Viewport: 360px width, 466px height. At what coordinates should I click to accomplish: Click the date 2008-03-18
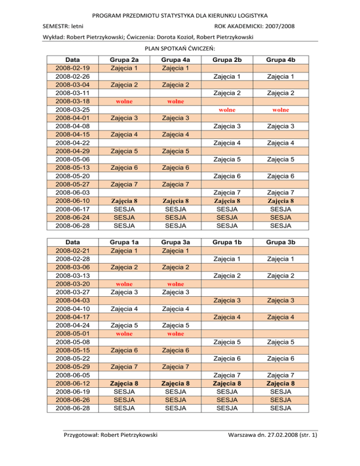72,101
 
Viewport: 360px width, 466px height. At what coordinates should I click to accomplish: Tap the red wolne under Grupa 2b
226,110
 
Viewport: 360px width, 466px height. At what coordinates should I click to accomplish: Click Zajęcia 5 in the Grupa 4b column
280,159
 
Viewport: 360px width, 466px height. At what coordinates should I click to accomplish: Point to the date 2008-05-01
72,334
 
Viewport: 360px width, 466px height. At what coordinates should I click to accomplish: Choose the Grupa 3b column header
280,243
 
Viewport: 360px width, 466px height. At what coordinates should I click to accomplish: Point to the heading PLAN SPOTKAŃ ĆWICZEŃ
180,49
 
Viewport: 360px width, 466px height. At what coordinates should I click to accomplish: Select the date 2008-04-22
72,143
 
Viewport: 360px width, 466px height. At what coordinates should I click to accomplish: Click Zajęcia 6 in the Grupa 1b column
226,359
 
